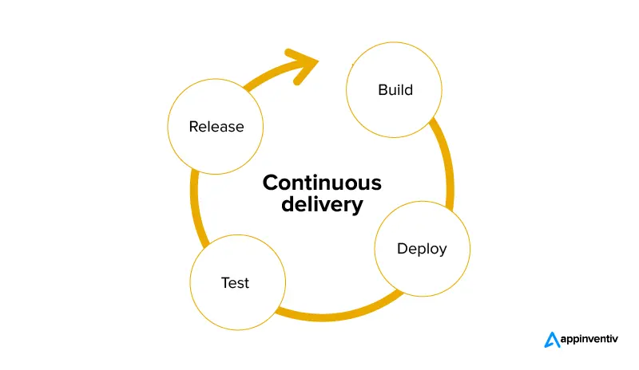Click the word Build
[x=395, y=89]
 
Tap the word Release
[x=216, y=126]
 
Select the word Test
[x=235, y=282]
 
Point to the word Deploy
[x=422, y=248]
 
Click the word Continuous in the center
[x=322, y=183]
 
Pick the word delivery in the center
[x=322, y=204]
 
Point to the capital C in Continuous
[x=271, y=183]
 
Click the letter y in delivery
[x=358, y=207]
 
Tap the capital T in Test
[x=224, y=282]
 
